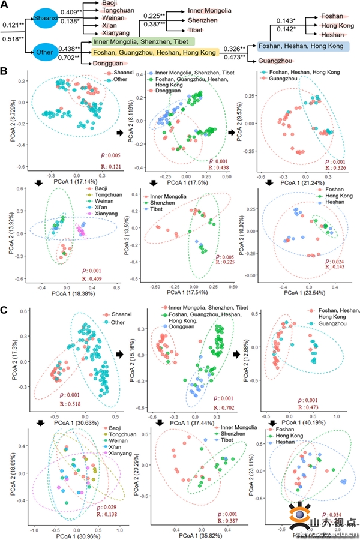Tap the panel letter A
[5, 5]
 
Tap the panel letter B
[5, 71]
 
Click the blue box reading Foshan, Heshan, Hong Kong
[301, 46]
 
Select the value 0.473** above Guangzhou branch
[234, 58]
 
